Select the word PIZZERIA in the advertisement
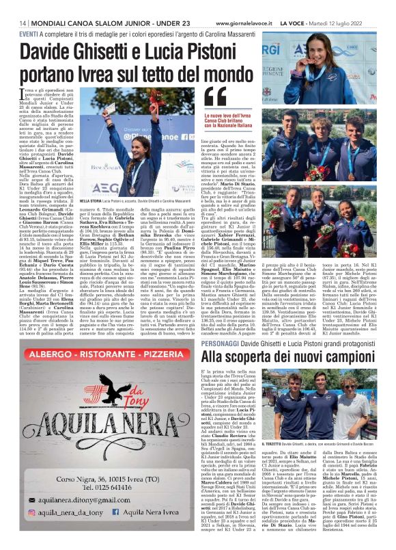pos(151,339)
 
